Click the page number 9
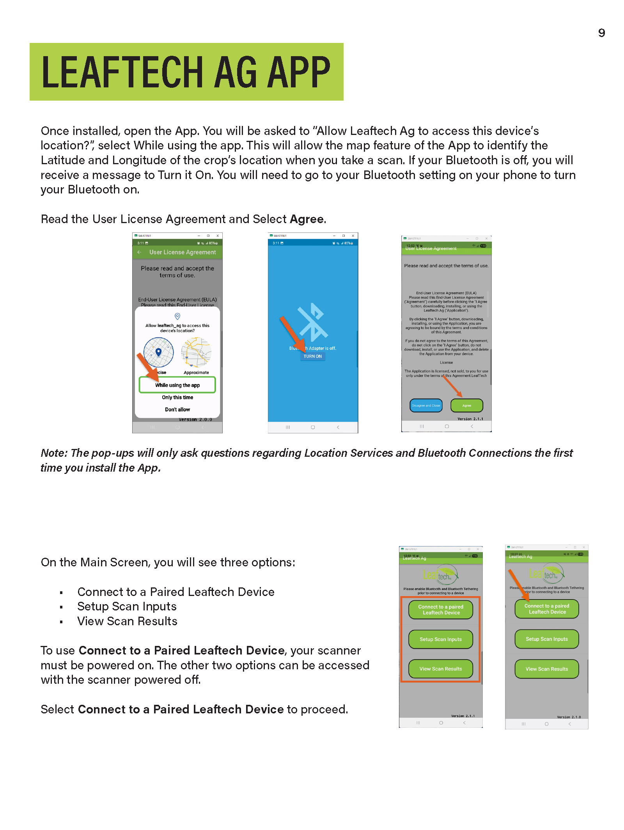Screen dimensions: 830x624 tap(601, 33)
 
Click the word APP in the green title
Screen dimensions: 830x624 tap(298, 72)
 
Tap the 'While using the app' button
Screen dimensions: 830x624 tap(177, 385)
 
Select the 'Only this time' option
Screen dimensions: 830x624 tap(177, 397)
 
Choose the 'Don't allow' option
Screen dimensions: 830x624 tap(177, 410)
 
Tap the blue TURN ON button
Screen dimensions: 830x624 tap(313, 356)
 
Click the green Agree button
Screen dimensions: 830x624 tap(467, 406)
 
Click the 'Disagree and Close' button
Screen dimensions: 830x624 tap(426, 406)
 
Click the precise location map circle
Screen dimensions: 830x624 tap(159, 352)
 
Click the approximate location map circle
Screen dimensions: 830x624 tap(196, 352)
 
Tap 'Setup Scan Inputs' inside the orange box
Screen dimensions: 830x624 tap(441, 639)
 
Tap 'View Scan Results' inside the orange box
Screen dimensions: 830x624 tap(441, 669)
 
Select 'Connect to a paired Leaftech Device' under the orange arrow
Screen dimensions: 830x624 tap(547, 609)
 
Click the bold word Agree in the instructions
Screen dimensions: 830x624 tap(307, 219)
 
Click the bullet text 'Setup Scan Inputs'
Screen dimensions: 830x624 tap(127, 607)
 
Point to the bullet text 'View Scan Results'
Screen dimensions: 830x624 tap(127, 621)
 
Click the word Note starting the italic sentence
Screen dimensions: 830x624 tap(54, 453)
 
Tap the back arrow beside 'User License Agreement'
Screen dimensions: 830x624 tap(139, 252)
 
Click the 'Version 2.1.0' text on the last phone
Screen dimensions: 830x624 tap(569, 717)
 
